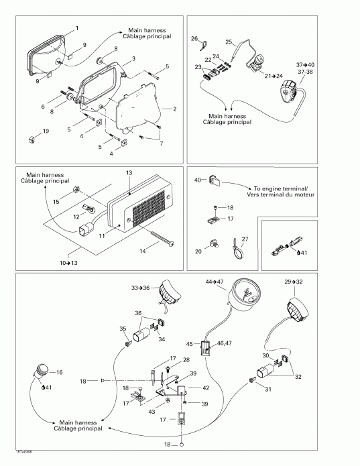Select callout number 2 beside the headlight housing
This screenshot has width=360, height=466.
(175, 108)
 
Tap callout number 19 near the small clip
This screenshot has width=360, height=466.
(46, 131)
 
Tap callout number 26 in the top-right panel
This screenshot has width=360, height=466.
(194, 39)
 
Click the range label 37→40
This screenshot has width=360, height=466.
(304, 64)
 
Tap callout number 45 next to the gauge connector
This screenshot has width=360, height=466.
(189, 345)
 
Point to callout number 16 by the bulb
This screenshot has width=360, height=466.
(59, 372)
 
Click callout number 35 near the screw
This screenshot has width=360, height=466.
(123, 329)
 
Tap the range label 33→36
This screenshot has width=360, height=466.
(140, 287)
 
